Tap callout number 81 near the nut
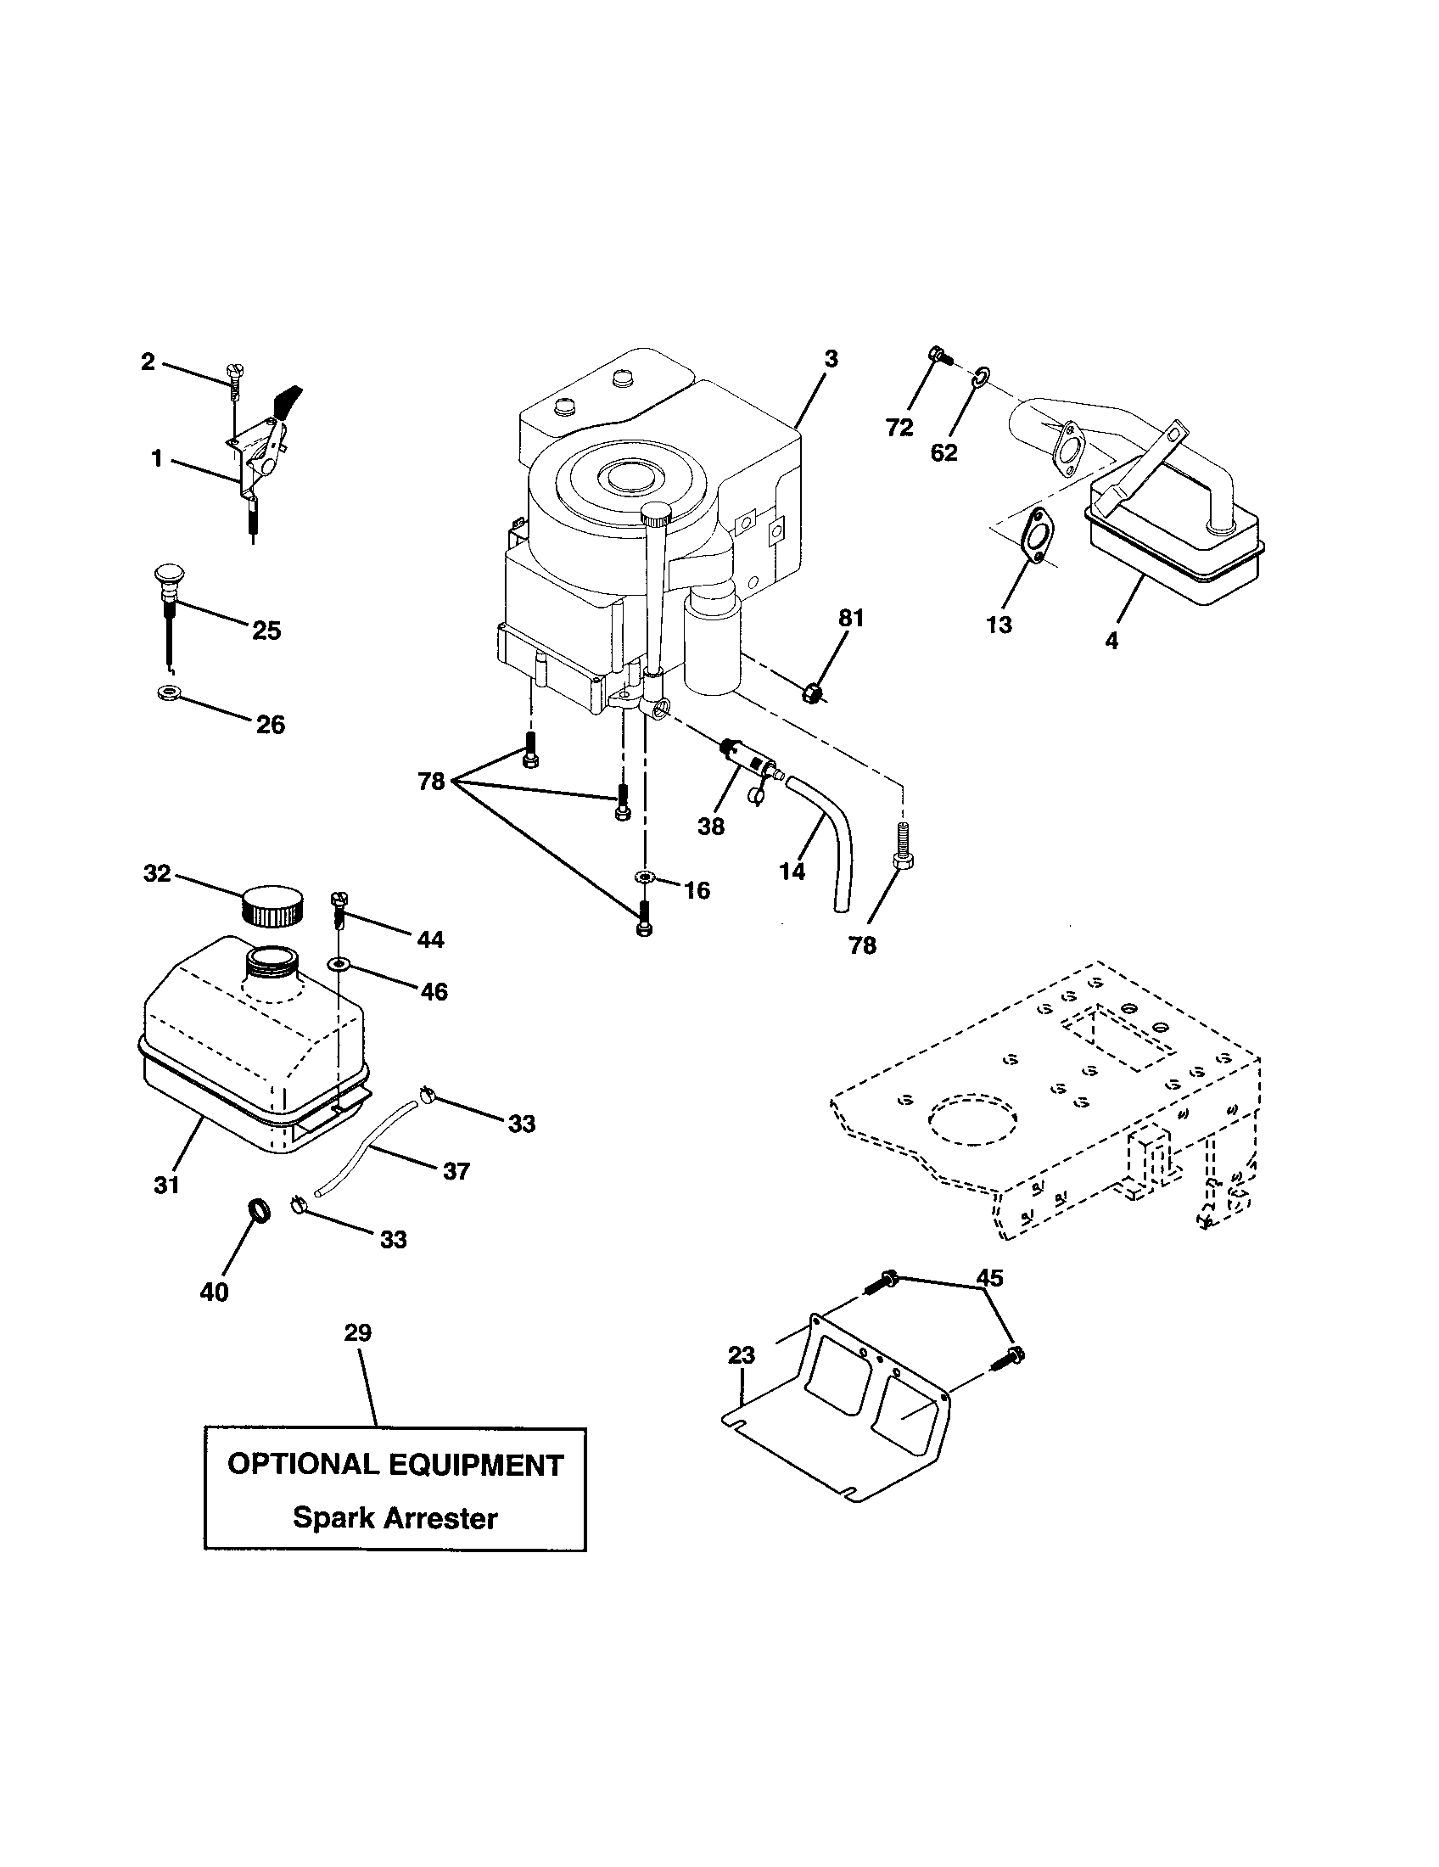pyautogui.click(x=851, y=618)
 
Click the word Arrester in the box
pyautogui.click(x=438, y=1519)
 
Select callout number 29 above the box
pyautogui.click(x=358, y=1332)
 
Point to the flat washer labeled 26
pyautogui.click(x=169, y=691)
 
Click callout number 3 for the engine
pyautogui.click(x=831, y=359)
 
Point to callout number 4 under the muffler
pyautogui.click(x=1111, y=639)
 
